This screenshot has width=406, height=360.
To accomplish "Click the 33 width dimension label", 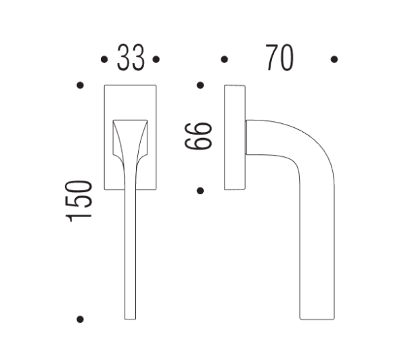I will (x=131, y=59).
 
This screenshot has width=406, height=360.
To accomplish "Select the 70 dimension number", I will (x=279, y=59).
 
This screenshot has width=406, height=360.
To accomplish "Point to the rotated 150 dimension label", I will (x=79, y=200).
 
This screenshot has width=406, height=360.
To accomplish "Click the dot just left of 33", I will (x=104, y=60).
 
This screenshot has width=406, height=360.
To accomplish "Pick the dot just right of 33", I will (x=156, y=60).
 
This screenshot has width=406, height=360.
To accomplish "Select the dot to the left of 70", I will (x=225, y=60).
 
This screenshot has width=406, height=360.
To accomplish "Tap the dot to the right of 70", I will (x=334, y=60).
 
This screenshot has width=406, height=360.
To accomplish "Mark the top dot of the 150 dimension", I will (x=81, y=85).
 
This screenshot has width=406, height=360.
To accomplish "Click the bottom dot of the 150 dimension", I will (x=81, y=319).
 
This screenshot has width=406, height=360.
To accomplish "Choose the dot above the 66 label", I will (x=200, y=85).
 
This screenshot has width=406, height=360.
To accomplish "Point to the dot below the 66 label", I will (x=200, y=190).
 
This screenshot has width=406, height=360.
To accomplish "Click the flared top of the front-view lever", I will (x=131, y=129).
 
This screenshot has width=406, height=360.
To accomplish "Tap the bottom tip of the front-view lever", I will (x=131, y=315).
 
